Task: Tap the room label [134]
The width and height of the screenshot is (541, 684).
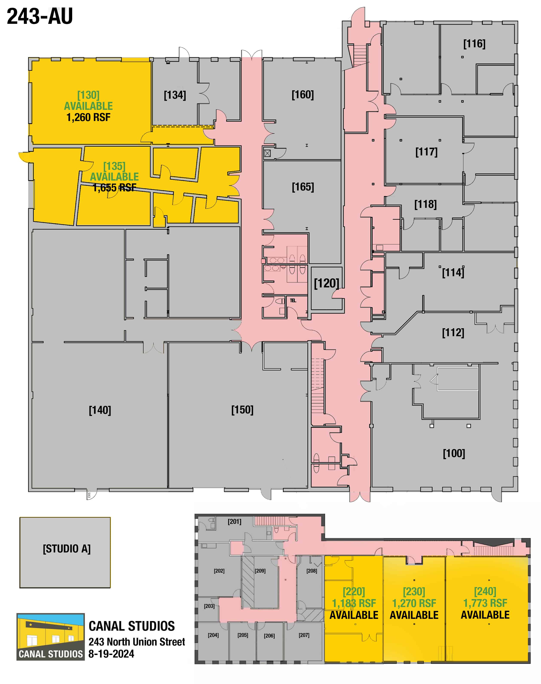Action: pos(175,95)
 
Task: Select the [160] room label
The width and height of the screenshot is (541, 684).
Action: pos(303,95)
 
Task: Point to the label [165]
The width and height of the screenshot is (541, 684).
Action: pos(303,187)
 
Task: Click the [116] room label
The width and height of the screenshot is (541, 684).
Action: pos(474,44)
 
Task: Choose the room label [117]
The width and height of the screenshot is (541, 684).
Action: pos(426,152)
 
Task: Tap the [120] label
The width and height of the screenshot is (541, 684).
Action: pos(327,283)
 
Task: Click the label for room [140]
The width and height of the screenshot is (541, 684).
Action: pos(100,410)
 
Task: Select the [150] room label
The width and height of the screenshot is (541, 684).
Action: pos(242,410)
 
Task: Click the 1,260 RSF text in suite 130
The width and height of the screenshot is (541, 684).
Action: pos(88,118)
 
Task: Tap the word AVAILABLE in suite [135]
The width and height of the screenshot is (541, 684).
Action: pos(114,177)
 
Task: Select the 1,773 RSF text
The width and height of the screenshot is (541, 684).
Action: pos(485,603)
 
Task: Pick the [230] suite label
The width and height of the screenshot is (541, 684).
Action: pos(414,592)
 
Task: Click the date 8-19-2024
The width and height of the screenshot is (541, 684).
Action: pos(111,654)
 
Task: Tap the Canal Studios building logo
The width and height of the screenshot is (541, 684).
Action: pos(51,637)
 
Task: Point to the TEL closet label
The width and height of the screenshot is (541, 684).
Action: pos(293,300)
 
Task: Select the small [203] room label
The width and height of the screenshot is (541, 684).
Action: pos(209,606)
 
